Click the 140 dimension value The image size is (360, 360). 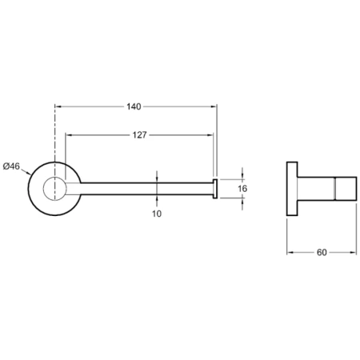pos(134,106)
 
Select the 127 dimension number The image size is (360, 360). pos(140,135)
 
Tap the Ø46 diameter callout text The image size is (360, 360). pos(11,166)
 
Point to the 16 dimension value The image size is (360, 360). pos(242,189)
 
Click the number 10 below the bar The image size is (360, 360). pos(157,214)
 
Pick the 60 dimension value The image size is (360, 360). pos(322,252)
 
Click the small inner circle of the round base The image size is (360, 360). pos(54,189)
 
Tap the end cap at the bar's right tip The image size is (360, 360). pos(215,189)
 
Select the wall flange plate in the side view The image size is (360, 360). pos(292,189)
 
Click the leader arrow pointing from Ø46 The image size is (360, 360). pos(26,172)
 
